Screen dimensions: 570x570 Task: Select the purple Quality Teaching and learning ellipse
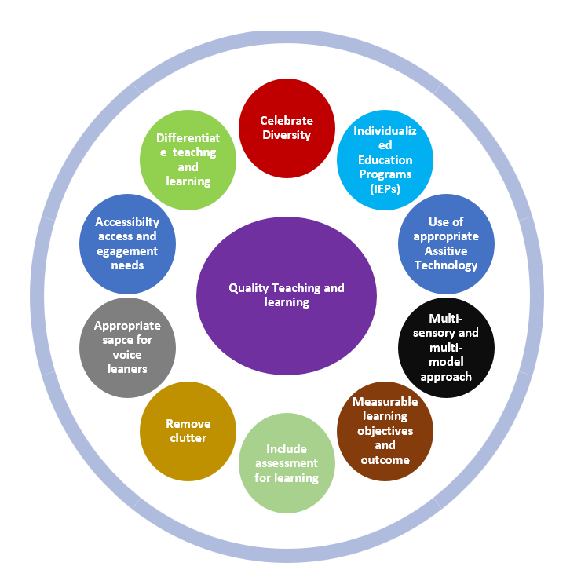(286, 295)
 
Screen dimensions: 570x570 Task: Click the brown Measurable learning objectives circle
(385, 430)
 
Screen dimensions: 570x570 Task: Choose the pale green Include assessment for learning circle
(287, 463)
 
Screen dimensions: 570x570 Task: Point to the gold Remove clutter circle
(188, 430)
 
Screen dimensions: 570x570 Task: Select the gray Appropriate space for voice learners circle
(127, 345)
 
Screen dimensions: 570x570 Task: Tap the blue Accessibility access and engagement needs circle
(127, 243)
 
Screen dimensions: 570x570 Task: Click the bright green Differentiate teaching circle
(188, 159)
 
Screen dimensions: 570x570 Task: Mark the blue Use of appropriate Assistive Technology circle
(446, 243)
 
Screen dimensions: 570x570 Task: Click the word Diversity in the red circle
(287, 134)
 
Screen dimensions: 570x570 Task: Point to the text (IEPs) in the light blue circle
(385, 188)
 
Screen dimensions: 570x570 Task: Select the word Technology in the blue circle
(446, 265)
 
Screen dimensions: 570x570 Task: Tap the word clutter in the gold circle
(188, 437)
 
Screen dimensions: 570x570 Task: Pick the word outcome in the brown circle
(385, 459)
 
